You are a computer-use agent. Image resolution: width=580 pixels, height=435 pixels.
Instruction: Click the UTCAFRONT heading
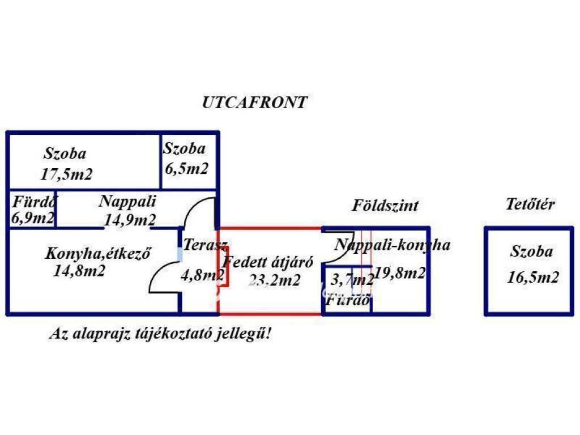point(254,103)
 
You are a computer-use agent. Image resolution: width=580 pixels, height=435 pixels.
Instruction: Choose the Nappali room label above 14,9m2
point(127,201)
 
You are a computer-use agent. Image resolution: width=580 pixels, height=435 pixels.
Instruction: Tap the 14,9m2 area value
point(130,219)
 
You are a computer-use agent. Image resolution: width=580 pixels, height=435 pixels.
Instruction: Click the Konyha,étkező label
point(97,254)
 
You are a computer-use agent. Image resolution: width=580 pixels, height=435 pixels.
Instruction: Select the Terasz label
point(205,246)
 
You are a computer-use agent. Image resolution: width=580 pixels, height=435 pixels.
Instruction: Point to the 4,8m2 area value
point(202,275)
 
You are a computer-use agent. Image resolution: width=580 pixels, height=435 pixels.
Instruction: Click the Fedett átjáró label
point(268,263)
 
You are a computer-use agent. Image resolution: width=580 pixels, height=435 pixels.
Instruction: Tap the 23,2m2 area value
point(274,280)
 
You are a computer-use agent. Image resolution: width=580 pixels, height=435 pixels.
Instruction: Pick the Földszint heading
point(385,205)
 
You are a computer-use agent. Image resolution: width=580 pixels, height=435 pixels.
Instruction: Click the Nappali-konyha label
point(392,245)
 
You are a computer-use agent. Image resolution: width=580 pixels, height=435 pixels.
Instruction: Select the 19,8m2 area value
point(399,273)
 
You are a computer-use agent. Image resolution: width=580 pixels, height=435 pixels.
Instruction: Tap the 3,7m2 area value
point(351,279)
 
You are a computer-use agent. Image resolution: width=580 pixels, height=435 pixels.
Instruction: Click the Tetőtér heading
point(530,204)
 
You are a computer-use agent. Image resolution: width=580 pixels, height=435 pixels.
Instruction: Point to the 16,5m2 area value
point(534,278)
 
